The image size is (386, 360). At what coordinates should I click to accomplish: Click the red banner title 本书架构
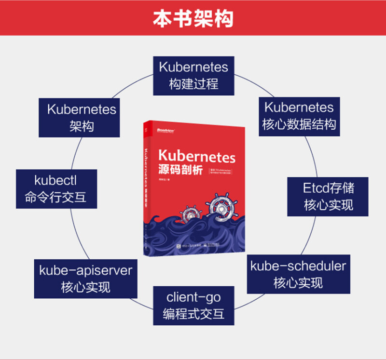click(193, 18)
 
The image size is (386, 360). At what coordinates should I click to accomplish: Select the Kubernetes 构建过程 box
click(193, 75)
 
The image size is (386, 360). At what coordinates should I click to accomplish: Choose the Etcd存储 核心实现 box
click(328, 196)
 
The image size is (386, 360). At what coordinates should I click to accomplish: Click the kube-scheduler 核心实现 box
click(298, 274)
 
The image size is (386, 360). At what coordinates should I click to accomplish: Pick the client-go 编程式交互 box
click(193, 306)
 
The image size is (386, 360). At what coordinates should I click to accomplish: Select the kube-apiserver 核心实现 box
click(85, 278)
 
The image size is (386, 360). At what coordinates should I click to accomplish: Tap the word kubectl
click(55, 180)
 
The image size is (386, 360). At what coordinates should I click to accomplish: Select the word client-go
click(193, 296)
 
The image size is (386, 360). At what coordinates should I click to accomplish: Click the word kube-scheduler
click(298, 265)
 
